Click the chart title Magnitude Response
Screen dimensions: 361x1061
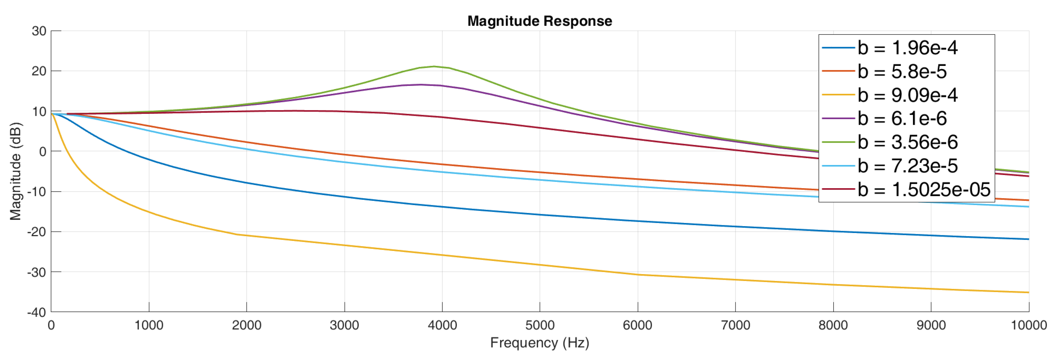click(540, 21)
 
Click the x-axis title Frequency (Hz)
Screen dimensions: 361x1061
click(540, 342)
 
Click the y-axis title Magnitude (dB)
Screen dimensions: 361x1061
click(15, 171)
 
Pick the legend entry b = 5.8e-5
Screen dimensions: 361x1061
click(902, 72)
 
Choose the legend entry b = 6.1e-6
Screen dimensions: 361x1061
click(902, 119)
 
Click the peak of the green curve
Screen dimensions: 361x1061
click(434, 66)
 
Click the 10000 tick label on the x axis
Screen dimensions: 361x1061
click(1028, 325)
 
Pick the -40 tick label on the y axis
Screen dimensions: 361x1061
click(37, 312)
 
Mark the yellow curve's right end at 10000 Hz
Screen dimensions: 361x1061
click(1028, 293)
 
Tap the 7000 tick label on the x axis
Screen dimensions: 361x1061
click(735, 325)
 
